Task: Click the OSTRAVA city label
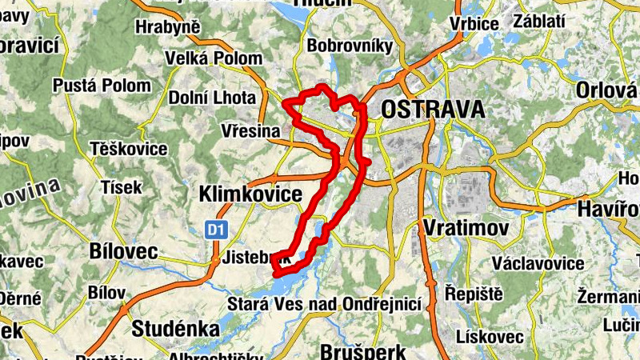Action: pyautogui.click(x=433, y=110)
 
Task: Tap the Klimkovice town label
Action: pyautogui.click(x=250, y=194)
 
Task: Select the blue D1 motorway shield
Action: pyautogui.click(x=214, y=230)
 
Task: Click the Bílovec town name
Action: pyautogui.click(x=124, y=250)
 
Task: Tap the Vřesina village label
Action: pyautogui.click(x=252, y=130)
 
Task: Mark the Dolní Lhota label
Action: pyautogui.click(x=212, y=98)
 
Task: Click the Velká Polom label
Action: pyautogui.click(x=213, y=58)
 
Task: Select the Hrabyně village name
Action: pyautogui.click(x=167, y=28)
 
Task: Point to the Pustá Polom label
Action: pyautogui.click(x=101, y=86)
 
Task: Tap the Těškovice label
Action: pyautogui.click(x=129, y=149)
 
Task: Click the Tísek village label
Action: pyautogui.click(x=121, y=187)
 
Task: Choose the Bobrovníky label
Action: pyautogui.click(x=350, y=46)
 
